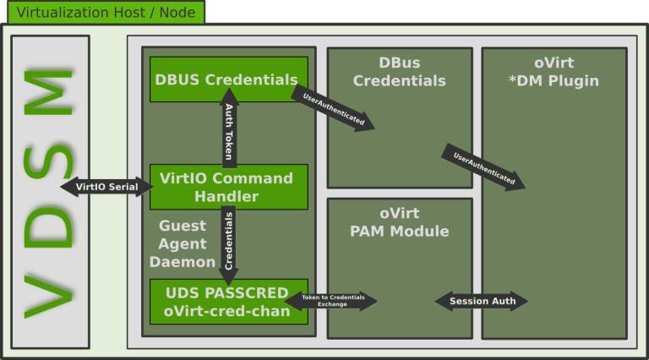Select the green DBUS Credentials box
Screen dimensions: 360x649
(228, 79)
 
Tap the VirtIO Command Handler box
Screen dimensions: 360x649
(228, 187)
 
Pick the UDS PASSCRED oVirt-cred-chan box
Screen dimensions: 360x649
(228, 302)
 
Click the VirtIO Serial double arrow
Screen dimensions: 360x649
(106, 187)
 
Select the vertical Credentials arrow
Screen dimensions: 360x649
(228, 245)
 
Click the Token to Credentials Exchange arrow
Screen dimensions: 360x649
(331, 301)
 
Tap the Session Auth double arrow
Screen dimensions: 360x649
(481, 301)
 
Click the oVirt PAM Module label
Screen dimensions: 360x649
(399, 222)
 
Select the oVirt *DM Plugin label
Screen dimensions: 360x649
(554, 73)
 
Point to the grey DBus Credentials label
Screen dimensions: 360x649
(399, 73)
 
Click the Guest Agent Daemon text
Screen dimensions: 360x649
(183, 243)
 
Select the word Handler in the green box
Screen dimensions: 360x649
(228, 196)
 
